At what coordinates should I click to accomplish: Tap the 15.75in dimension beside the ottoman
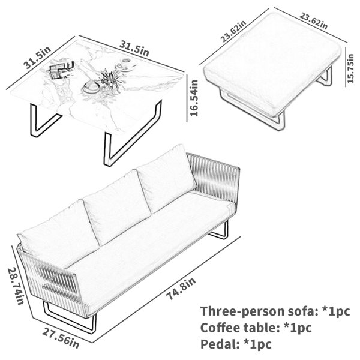[x=350, y=68]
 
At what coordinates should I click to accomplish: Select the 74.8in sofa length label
[x=181, y=289]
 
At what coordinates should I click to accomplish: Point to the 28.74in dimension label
[x=16, y=286]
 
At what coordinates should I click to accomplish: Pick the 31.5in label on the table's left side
[x=37, y=58]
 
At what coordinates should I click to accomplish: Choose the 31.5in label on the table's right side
[x=134, y=49]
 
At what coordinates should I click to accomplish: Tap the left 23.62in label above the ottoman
[x=233, y=31]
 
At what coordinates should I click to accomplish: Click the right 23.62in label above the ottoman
[x=313, y=20]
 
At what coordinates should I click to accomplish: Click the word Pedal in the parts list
[x=217, y=344]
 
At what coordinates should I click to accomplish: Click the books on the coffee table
[x=61, y=70]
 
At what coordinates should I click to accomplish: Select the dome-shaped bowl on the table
[x=91, y=87]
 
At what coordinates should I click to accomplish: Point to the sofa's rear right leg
[x=219, y=232]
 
